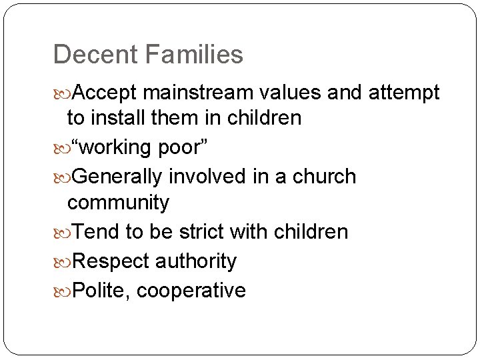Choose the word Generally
pyautogui.click(x=117, y=177)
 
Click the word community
pyautogui.click(x=119, y=202)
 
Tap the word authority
pyautogui.click(x=196, y=261)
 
